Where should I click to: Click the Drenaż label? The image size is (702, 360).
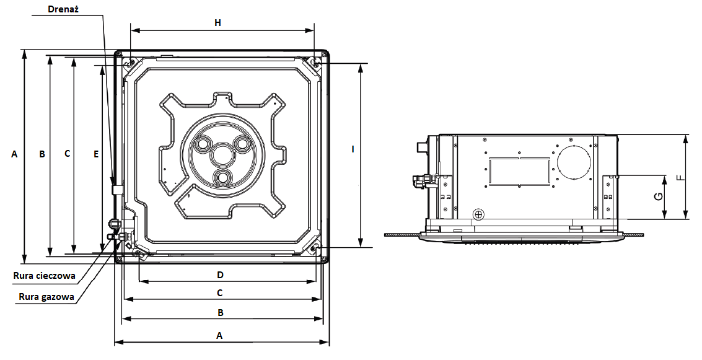click(63, 9)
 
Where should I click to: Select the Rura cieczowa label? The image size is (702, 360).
click(44, 276)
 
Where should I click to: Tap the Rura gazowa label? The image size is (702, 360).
click(46, 297)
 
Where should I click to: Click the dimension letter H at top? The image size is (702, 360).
click(217, 23)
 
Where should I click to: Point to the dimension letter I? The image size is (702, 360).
click(353, 149)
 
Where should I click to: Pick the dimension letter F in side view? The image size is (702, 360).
click(680, 177)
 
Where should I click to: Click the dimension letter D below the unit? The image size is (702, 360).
click(220, 275)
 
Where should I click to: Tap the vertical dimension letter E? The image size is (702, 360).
click(96, 154)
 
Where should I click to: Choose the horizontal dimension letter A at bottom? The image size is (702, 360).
click(219, 335)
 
